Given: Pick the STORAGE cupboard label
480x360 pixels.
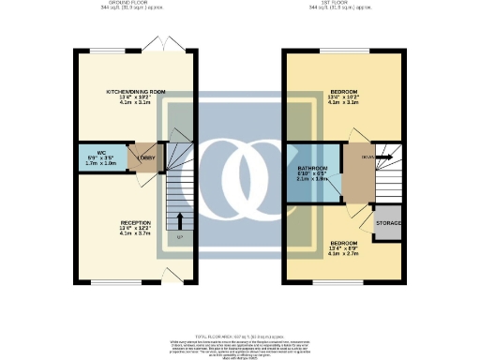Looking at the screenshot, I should pos(388,223).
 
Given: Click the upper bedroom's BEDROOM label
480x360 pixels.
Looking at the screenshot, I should pos(343,92).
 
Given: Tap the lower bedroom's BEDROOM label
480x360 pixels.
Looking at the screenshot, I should pos(343,242).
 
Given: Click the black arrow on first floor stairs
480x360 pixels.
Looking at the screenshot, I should pos(383,157).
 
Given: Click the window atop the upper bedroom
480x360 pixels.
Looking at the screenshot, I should pos(342,50).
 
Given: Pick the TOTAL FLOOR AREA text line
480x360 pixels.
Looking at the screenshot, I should pos(240,335).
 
